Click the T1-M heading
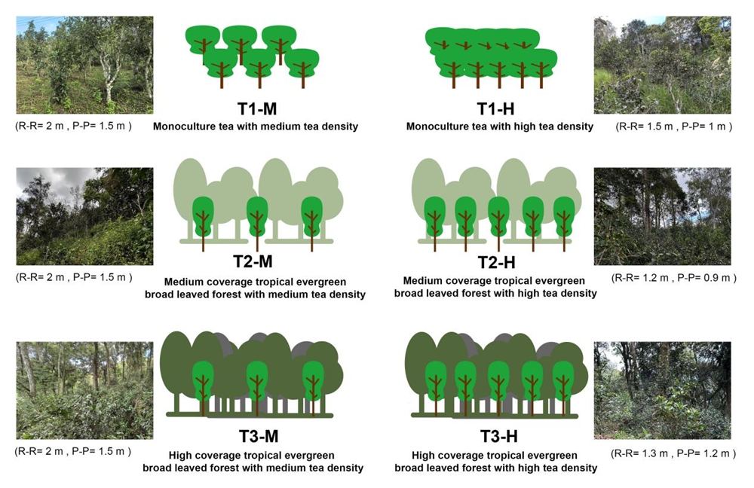257,109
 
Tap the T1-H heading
496,109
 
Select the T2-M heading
253,262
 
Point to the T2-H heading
497,262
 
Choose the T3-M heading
259,436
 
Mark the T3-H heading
499,436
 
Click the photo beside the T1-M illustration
84,65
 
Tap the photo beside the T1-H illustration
662,65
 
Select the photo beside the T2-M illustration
84,216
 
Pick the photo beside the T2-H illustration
662,216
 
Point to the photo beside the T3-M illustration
84,391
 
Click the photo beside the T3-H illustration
662,391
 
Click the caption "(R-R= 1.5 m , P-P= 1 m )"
673,127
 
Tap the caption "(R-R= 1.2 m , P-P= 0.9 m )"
673,278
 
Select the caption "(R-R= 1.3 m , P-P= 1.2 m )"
673,453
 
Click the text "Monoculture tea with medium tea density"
256,127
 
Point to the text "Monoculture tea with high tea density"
500,127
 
